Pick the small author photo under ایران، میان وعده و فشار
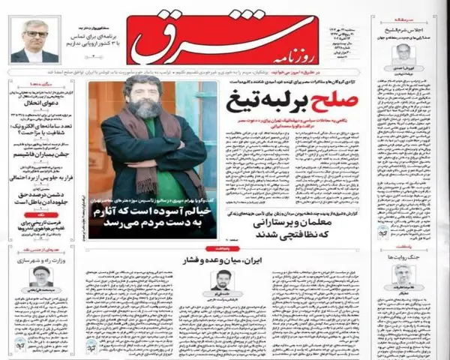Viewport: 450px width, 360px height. (x=221, y=282)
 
